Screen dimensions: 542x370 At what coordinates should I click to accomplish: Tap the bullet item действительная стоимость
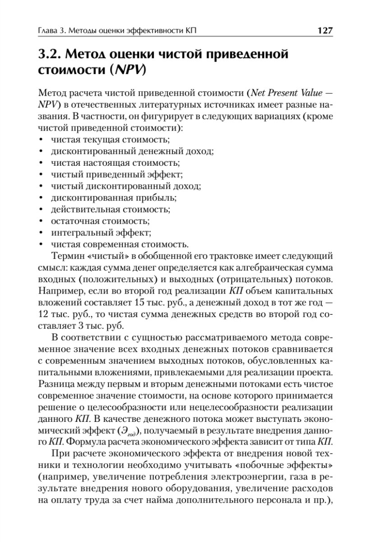coord(110,210)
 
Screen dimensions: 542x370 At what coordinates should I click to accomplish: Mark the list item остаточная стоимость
coord(100,221)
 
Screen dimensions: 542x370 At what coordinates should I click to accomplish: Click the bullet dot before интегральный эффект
coord(41,234)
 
